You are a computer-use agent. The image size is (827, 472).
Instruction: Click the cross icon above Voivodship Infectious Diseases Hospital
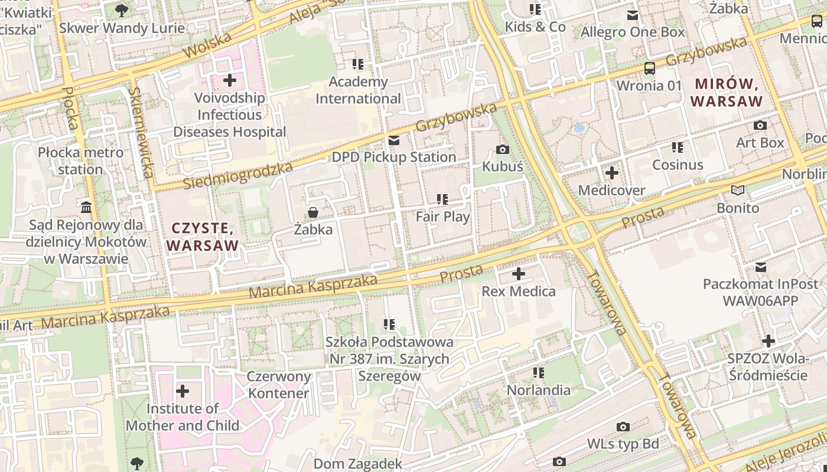coord(230,80)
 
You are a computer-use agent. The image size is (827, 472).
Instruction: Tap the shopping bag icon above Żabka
coord(313,212)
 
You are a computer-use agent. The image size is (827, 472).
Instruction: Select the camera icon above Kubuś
coord(503,150)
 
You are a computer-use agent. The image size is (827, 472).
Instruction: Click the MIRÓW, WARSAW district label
coord(727,93)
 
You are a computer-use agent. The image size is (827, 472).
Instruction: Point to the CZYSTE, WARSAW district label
coord(203,237)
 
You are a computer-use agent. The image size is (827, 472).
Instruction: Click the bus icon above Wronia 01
coord(649,68)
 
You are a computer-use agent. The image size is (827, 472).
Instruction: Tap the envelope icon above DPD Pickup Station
coord(393,140)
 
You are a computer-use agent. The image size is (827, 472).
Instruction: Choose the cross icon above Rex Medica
coord(518,274)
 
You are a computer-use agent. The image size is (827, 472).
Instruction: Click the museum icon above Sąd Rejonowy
coord(86,208)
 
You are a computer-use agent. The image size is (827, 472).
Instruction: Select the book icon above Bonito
coord(737,191)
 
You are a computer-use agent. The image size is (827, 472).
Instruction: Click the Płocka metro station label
coord(81,161)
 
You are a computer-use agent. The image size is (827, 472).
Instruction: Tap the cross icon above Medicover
coord(611,173)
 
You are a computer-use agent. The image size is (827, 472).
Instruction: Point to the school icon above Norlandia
coord(538,373)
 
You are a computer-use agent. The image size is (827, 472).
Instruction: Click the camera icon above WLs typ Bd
coord(623,427)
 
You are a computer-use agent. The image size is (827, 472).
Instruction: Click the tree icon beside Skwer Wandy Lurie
coord(121,10)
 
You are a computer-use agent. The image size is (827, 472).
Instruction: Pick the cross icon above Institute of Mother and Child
coord(183,391)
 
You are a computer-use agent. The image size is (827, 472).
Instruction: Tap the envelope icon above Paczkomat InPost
coord(760,267)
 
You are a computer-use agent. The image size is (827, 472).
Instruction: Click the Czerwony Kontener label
coord(278,385)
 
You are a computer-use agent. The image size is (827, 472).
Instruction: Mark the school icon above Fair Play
coord(442,199)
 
